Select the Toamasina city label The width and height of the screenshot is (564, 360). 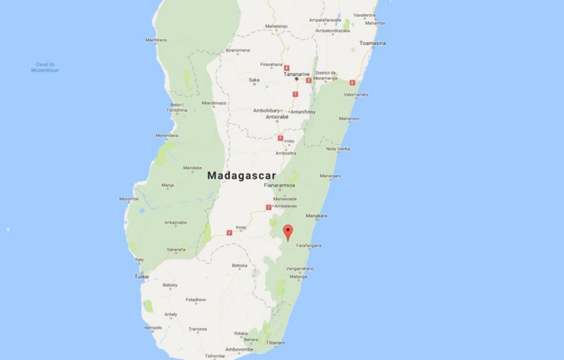click(x=372, y=44)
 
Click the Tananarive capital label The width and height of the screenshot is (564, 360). click(x=295, y=73)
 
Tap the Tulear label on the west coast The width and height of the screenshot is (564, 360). click(x=142, y=277)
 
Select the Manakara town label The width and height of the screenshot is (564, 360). click(x=317, y=216)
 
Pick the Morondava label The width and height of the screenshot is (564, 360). click(x=166, y=136)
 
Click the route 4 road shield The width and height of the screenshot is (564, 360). click(x=287, y=67)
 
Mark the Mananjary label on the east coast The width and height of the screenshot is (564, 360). click(x=331, y=175)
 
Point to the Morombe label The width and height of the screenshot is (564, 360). click(x=128, y=198)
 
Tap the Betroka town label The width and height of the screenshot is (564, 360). click(x=240, y=266)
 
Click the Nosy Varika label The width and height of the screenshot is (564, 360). click(x=338, y=149)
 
